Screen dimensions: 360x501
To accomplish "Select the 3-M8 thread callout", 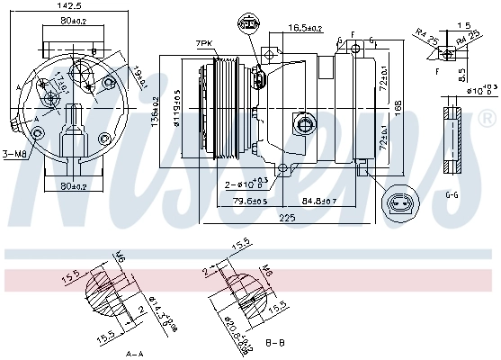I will (x=15, y=154).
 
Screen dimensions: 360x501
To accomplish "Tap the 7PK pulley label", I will (x=204, y=43).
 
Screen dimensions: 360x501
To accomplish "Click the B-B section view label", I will (x=276, y=344).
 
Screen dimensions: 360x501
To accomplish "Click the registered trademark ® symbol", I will (x=486, y=117).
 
